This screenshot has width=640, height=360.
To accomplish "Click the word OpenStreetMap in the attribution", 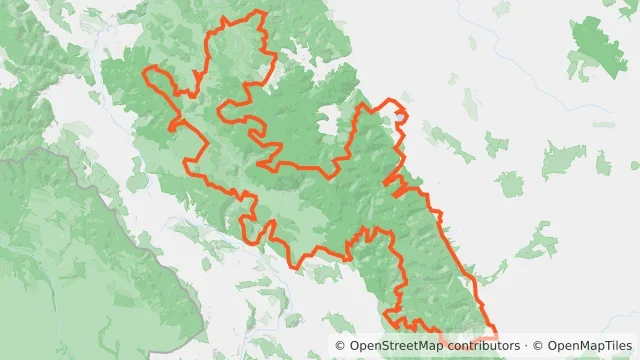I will pos(391,346).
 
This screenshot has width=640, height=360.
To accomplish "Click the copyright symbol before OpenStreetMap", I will pos(341,346).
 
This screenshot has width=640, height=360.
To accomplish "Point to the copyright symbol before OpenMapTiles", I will pos(538,346).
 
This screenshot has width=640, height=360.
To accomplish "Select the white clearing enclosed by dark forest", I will pos(327,127).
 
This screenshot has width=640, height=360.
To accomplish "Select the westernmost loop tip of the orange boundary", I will pos(147,72).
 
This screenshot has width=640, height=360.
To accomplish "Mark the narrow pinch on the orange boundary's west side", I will pos(175,125).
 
